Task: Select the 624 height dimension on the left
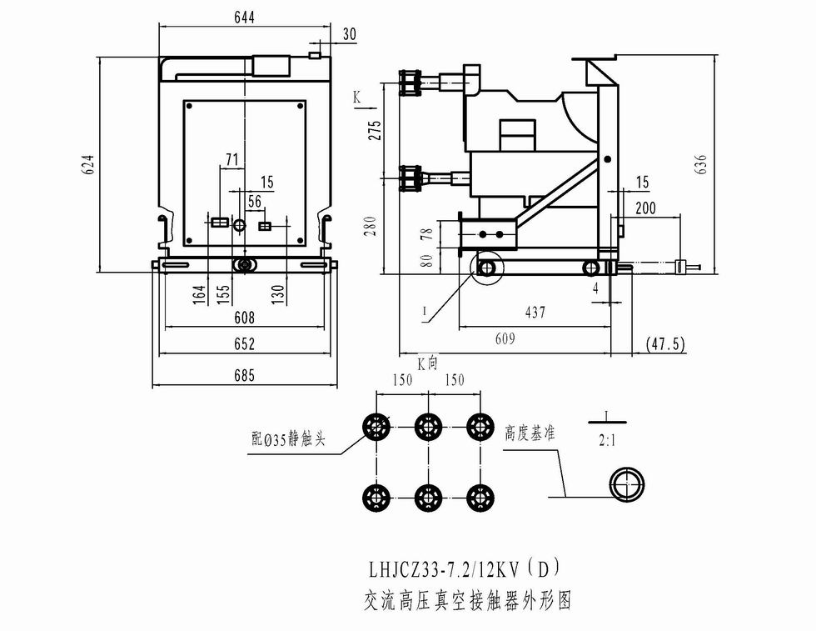pyautogui.click(x=89, y=164)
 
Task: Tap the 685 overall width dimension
pyautogui.click(x=243, y=375)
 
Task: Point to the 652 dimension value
pyautogui.click(x=243, y=344)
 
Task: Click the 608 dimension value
pyautogui.click(x=243, y=318)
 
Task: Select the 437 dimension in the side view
pyautogui.click(x=535, y=313)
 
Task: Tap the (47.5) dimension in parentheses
pyautogui.click(x=665, y=344)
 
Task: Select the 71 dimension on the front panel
pyautogui.click(x=232, y=158)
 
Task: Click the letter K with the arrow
pyautogui.click(x=357, y=98)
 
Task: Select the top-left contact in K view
pyautogui.click(x=376, y=427)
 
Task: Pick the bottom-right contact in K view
pyautogui.click(x=478, y=498)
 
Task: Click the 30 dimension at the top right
pyautogui.click(x=349, y=33)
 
